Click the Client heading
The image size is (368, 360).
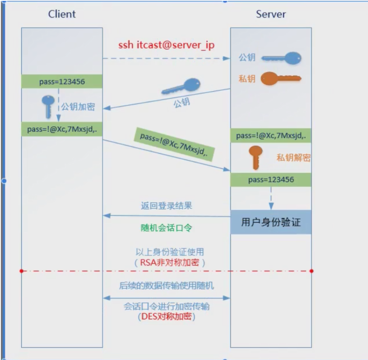62,14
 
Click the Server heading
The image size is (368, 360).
270,14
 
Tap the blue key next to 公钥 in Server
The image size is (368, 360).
281,58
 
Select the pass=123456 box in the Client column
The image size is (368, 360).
62,81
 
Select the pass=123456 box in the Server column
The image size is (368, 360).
271,180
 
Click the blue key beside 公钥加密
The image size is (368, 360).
48,106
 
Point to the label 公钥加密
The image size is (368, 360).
77,107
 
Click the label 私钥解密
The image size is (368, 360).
293,158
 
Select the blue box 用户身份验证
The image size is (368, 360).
271,222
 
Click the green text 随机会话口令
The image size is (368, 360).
166,228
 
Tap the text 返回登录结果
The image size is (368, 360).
166,206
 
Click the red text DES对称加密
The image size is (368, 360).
166,317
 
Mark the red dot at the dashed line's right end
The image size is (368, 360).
312,271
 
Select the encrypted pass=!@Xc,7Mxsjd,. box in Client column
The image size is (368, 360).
62,130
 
